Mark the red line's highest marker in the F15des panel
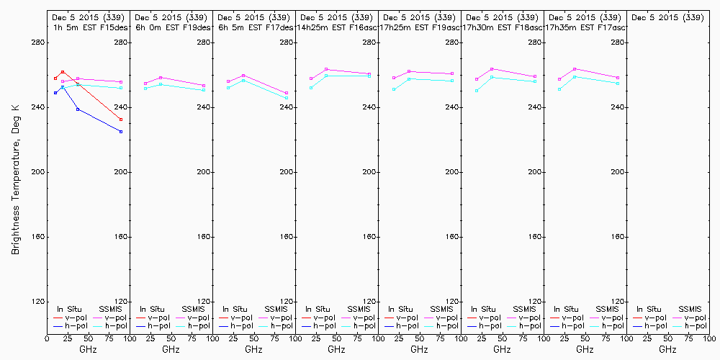[x=63, y=72]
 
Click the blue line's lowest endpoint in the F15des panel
[x=121, y=132]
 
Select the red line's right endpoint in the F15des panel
[x=121, y=120]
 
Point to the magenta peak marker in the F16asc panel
[x=327, y=69]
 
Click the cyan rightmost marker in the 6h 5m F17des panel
[x=287, y=98]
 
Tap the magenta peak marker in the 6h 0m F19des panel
[x=161, y=77]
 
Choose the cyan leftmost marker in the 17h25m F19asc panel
[x=394, y=89]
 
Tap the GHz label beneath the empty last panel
[x=667, y=349]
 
